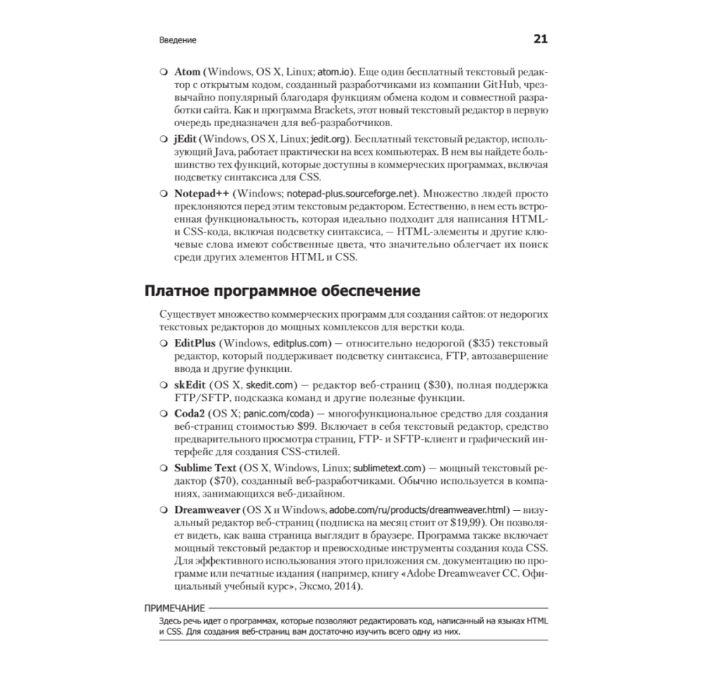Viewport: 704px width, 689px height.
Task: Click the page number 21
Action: (x=540, y=39)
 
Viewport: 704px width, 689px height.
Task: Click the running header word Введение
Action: (x=177, y=41)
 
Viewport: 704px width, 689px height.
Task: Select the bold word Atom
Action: (x=187, y=73)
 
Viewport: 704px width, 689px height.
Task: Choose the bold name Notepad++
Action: (x=201, y=192)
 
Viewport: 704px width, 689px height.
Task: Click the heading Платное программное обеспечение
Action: (x=283, y=291)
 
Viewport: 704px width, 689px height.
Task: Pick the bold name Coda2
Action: (x=190, y=414)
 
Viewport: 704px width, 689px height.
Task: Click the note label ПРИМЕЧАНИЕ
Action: (x=174, y=608)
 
